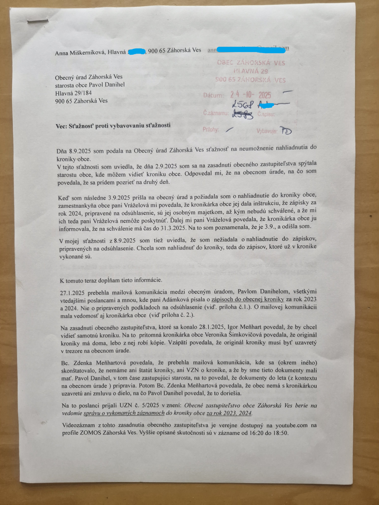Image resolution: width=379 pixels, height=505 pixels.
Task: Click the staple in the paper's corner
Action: click(x=38, y=21)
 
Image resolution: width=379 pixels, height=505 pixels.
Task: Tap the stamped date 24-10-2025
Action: click(x=251, y=95)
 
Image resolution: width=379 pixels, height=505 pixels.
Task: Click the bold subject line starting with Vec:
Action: click(x=113, y=126)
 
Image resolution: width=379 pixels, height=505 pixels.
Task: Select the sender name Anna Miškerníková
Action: click(x=80, y=52)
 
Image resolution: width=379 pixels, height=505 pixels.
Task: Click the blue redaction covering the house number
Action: click(x=137, y=51)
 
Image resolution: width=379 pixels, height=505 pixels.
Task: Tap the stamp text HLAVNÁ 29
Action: click(x=251, y=71)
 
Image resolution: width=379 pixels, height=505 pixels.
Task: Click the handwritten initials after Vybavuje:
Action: click(x=285, y=130)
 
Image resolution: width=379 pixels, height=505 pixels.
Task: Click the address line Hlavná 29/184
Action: click(x=73, y=93)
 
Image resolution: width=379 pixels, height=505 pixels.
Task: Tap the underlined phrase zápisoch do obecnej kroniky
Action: click(x=248, y=299)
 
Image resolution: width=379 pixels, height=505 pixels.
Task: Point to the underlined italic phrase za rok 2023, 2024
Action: click(x=229, y=413)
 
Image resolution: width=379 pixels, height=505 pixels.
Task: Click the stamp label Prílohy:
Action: click(x=211, y=129)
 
